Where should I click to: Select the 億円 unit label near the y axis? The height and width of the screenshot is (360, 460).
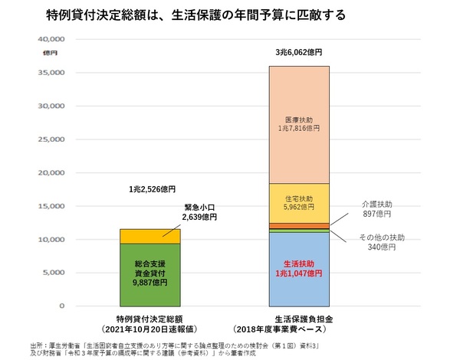[50, 51]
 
